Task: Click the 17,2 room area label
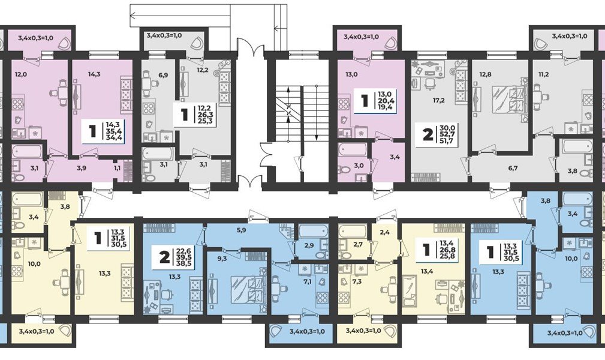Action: [439, 100]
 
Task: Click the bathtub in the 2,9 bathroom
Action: [312, 233]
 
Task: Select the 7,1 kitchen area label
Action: [308, 281]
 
